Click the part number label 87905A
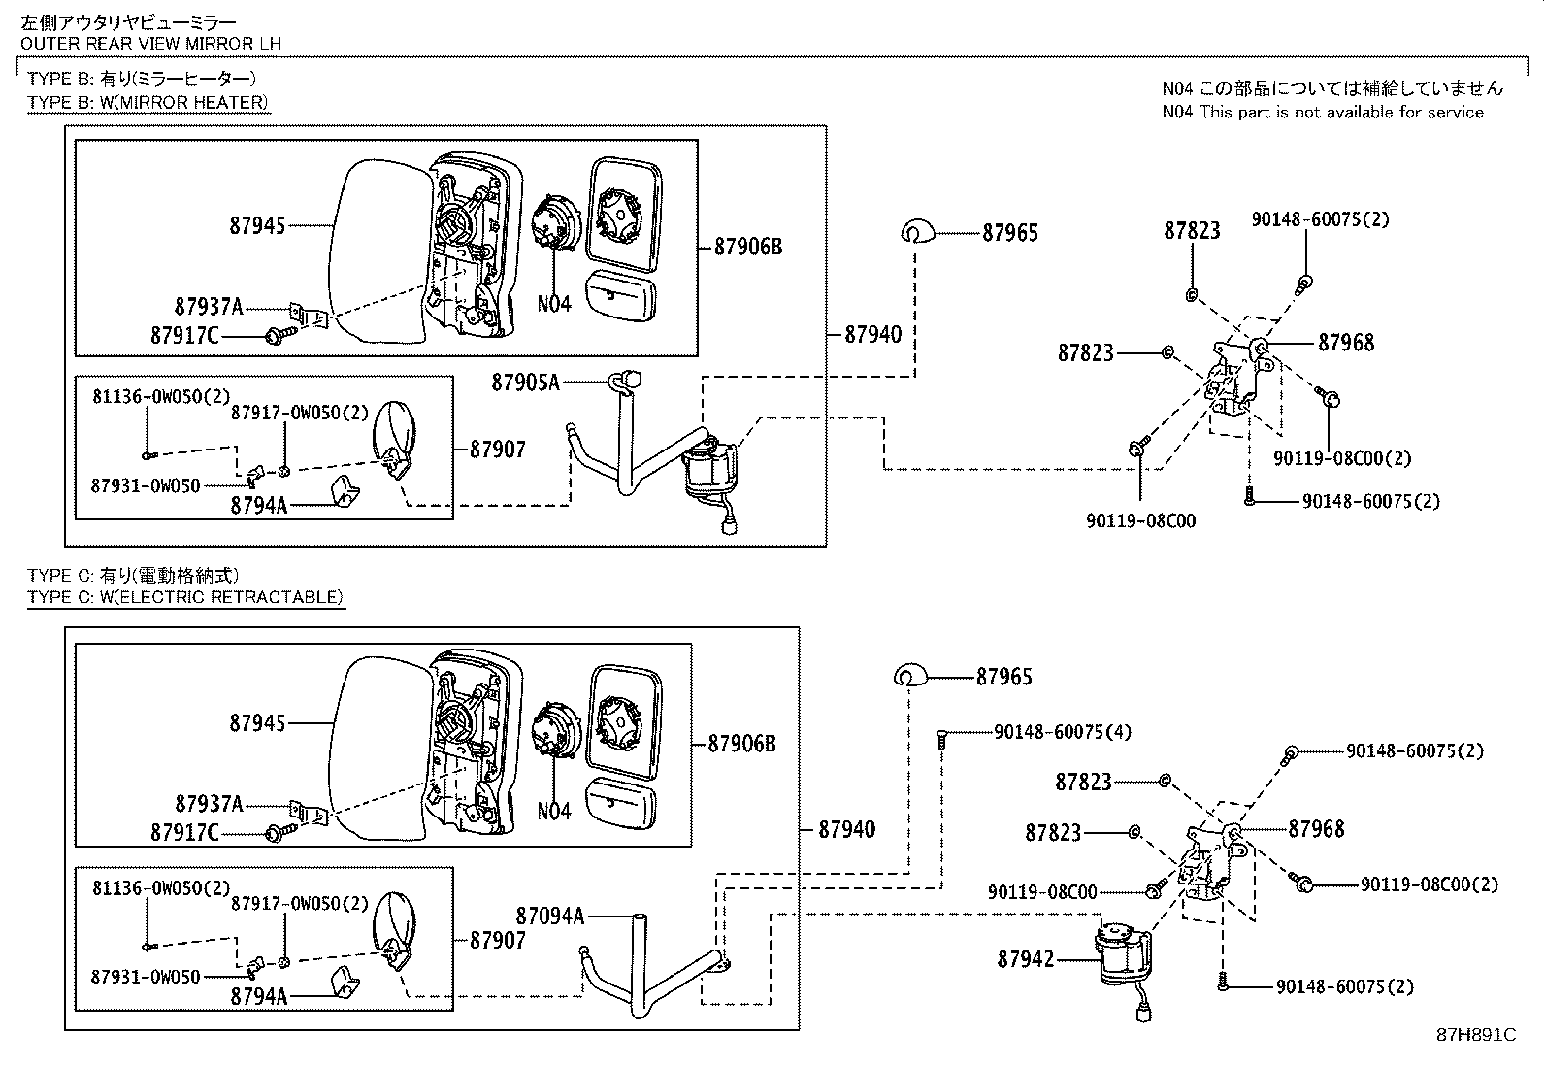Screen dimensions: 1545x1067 (526, 382)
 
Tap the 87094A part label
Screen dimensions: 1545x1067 (549, 916)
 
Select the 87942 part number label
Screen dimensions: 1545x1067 (1026, 958)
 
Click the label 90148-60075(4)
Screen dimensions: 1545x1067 (1062, 732)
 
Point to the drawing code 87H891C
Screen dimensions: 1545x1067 (1476, 1035)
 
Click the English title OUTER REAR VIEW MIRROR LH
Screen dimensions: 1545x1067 (151, 44)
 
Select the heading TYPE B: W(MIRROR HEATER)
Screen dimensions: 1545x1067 (148, 102)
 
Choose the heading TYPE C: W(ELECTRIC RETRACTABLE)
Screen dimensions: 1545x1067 (184, 597)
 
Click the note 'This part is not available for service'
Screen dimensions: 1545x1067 (1341, 112)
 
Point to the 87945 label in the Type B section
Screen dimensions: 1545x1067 (257, 225)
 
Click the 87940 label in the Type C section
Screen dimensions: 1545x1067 (846, 829)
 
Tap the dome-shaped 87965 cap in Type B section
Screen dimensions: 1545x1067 (917, 231)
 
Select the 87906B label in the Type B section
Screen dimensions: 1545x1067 (747, 247)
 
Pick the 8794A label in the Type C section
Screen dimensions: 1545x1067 (259, 996)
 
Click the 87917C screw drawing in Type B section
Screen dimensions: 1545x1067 (281, 335)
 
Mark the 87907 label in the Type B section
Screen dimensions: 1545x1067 (497, 450)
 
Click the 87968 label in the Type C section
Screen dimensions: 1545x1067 (1316, 829)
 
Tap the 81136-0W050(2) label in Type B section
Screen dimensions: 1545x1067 (161, 396)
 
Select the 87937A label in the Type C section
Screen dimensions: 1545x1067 (209, 804)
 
